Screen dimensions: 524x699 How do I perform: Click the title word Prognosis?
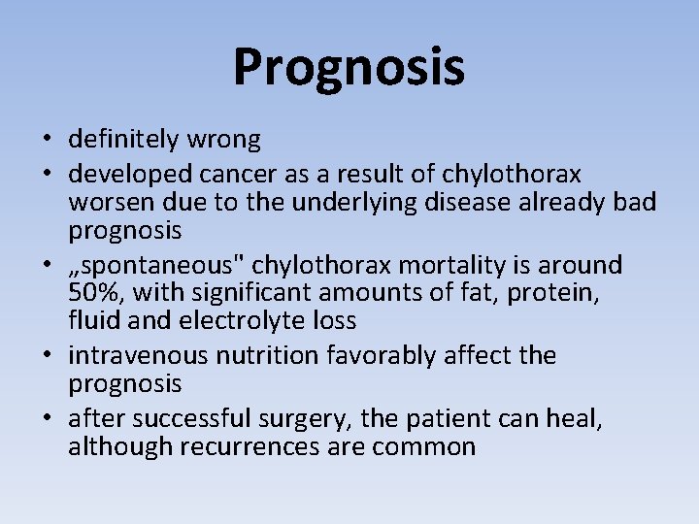[349, 67]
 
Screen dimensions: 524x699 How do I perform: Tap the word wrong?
[223, 140]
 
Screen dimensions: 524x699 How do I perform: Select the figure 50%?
[91, 293]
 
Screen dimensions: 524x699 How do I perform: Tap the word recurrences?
[231, 446]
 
